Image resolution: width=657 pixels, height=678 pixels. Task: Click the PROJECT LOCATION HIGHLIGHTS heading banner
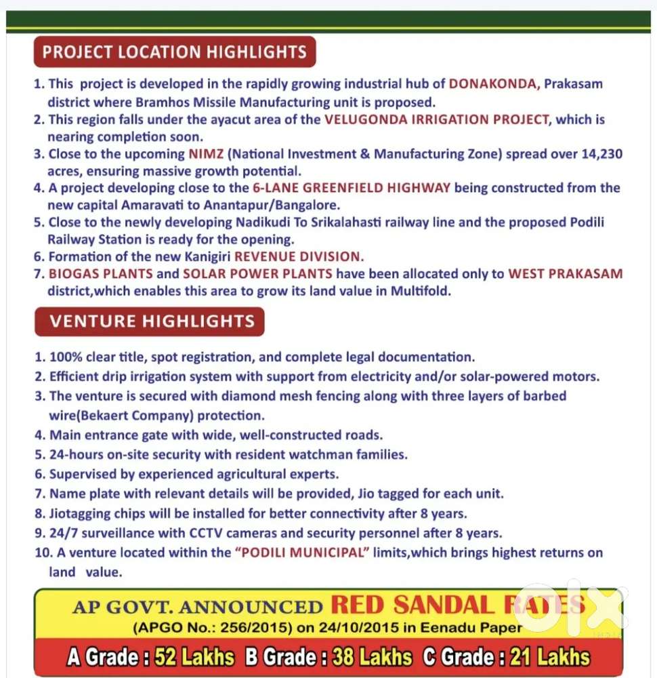(x=175, y=52)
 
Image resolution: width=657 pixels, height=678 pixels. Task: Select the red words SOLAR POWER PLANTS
(x=257, y=274)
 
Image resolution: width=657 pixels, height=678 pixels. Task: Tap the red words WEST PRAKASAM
(x=565, y=274)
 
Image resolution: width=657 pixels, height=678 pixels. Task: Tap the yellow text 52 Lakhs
(x=194, y=657)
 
